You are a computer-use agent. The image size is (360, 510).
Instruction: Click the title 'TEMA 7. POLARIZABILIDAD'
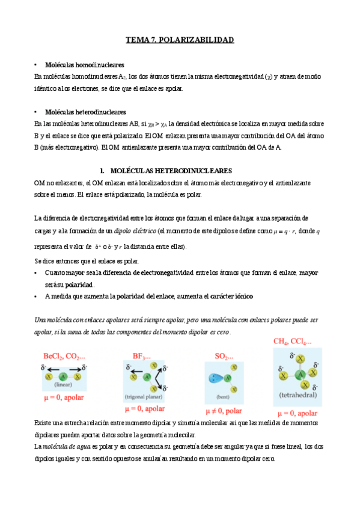pos(179,40)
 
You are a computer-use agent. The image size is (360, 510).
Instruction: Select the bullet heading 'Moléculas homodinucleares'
pos(85,64)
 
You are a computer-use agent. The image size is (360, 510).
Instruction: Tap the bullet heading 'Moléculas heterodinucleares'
pos(86,112)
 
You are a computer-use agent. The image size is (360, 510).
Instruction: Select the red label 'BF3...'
pos(142,355)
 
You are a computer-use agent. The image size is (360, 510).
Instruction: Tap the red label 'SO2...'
pos(224,356)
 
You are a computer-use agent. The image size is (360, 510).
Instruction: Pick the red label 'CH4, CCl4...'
pos(292,342)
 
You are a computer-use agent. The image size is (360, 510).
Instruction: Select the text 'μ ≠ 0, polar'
pos(224,411)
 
